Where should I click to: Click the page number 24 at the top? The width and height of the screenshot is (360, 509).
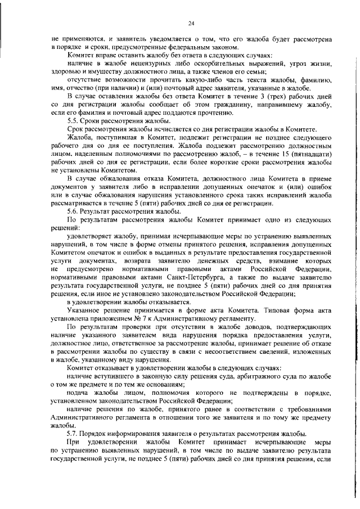click(191, 23)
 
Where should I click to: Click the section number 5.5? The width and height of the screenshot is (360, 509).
click(73, 121)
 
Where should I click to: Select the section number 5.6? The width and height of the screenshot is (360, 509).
click(73, 211)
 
